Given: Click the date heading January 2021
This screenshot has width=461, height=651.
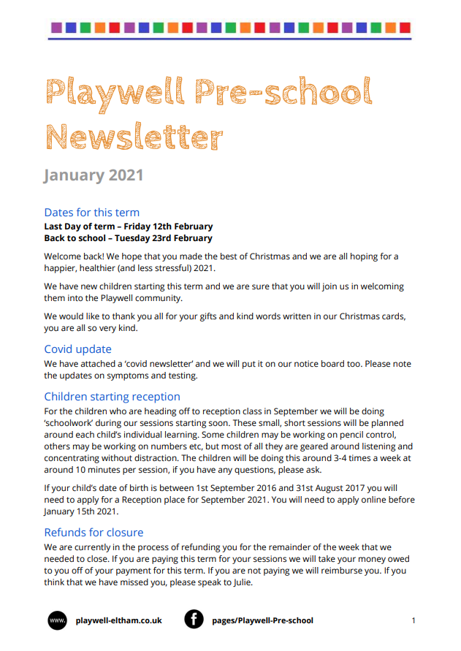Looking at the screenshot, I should tap(94, 175).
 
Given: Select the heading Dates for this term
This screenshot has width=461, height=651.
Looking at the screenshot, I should tap(91, 213).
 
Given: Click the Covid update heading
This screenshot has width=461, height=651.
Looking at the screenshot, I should tap(77, 349).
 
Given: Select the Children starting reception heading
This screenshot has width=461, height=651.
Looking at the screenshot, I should tap(112, 397).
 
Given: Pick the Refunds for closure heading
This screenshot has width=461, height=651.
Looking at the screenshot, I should tap(94, 532).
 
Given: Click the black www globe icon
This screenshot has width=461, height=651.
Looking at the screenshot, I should tap(57, 620).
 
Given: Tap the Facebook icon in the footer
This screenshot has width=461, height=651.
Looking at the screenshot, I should tap(194, 620).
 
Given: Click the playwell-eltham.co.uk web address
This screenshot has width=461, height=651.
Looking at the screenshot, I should tap(118, 621).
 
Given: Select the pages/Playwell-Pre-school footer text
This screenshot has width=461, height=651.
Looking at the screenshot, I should tap(262, 621).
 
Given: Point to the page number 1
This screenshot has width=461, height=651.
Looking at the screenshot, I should tap(414, 621).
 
